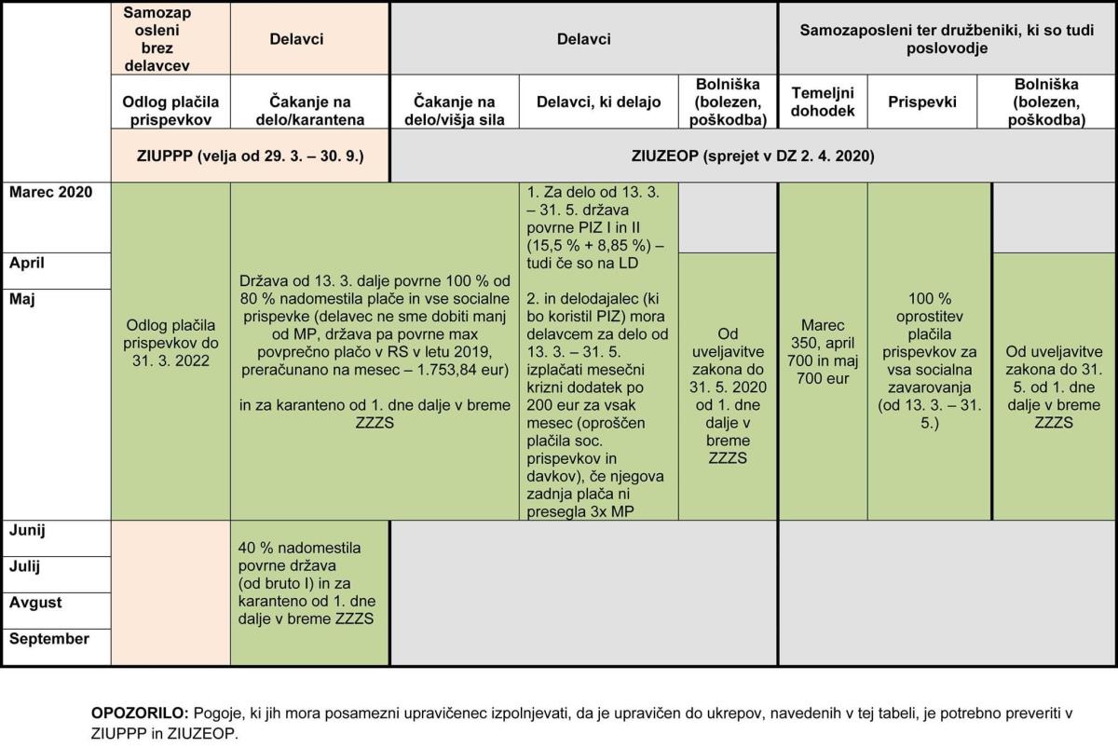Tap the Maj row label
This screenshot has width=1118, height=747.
coord(21,300)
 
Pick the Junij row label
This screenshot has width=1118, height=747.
coord(28,531)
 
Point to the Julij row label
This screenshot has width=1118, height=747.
coord(27,566)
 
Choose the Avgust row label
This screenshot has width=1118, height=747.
coord(35,603)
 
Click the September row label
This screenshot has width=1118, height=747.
coord(48,639)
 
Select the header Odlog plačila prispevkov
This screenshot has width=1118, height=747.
coord(170,111)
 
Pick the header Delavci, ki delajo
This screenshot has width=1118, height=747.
coord(598,102)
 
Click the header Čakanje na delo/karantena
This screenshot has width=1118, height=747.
coord(310,111)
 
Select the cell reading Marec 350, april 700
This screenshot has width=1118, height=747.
coord(823,352)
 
